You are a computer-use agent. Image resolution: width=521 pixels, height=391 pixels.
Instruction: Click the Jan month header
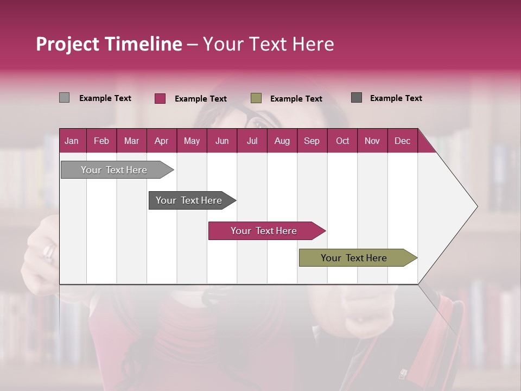72,141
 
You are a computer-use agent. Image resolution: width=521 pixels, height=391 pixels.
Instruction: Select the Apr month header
161,141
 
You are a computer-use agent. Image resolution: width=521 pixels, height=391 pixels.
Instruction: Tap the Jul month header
252,141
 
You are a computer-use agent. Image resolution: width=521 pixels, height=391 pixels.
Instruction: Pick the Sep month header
312,141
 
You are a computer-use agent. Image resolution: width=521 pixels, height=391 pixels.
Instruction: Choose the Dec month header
402,141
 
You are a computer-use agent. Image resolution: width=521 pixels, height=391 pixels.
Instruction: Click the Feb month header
101,141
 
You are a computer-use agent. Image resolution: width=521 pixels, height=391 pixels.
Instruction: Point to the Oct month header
342,141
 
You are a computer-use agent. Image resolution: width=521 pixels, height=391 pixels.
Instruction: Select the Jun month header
222,141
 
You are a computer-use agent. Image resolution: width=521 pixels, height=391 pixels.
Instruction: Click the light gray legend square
64,98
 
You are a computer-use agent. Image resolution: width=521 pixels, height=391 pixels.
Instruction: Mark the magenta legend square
160,98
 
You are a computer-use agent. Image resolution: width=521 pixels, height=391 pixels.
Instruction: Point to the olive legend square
256,98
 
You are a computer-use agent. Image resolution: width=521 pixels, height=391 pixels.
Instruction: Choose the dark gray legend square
357,98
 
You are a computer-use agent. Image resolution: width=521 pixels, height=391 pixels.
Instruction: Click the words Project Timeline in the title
109,44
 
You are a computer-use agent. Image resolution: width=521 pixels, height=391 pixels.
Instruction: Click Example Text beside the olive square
296,99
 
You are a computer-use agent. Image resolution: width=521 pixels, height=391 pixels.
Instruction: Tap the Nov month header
372,141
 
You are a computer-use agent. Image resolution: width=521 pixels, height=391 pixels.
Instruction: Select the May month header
192,141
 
